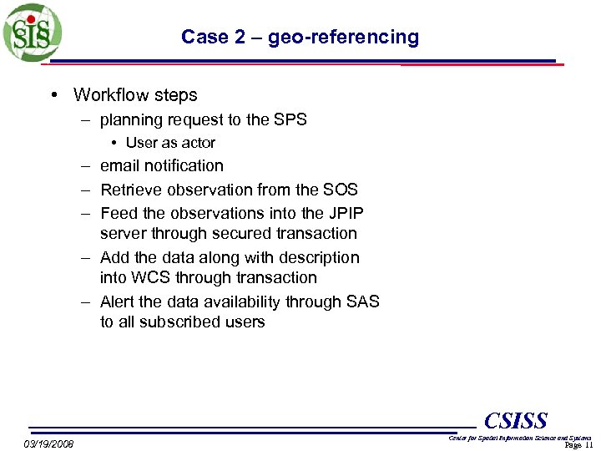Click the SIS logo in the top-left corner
click(x=33, y=33)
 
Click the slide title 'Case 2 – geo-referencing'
click(x=300, y=37)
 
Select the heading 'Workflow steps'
click(x=135, y=95)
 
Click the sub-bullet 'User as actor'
click(x=170, y=143)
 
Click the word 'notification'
click(x=184, y=166)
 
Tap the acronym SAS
click(x=361, y=302)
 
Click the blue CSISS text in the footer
click(x=515, y=420)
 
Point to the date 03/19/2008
click(x=48, y=443)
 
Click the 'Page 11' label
click(x=578, y=445)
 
